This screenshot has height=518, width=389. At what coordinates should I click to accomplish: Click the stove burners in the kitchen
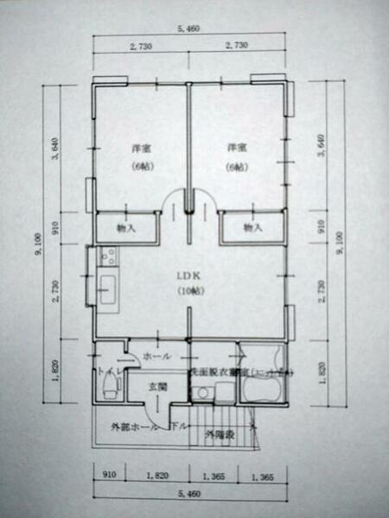click(108, 256)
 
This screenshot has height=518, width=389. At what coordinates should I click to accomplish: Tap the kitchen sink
click(108, 287)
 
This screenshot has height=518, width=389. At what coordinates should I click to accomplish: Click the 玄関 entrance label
click(156, 386)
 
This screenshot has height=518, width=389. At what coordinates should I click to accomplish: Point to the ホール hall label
click(156, 356)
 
